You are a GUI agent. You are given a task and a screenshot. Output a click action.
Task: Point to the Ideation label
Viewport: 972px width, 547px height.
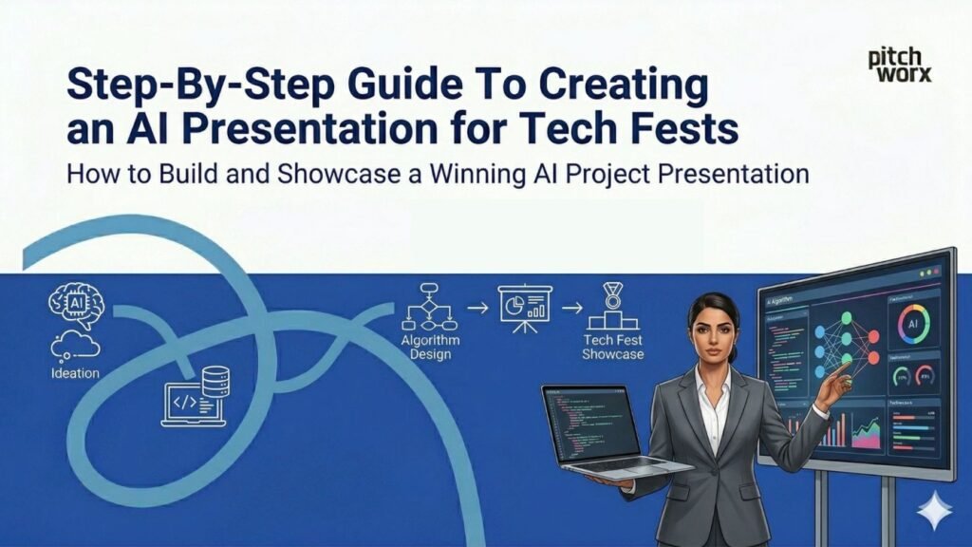(75, 373)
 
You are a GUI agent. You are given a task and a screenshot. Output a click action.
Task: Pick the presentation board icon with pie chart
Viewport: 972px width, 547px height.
(525, 306)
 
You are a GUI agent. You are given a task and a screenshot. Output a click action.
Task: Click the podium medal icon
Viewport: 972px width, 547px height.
(613, 306)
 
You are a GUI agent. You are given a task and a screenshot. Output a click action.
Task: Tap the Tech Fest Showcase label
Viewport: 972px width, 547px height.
(613, 347)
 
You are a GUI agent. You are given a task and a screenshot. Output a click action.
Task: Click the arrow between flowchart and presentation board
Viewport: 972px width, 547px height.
(476, 308)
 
